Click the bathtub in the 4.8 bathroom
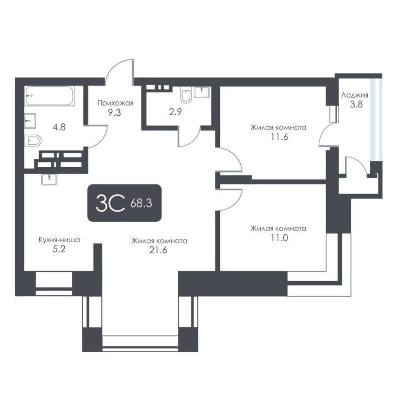(x=50, y=96)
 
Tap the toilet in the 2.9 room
(x=186, y=94)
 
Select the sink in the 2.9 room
(x=202, y=92)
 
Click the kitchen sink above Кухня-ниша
(x=49, y=180)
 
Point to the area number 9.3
(x=114, y=113)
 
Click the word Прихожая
(x=115, y=103)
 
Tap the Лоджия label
(x=355, y=96)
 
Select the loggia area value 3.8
(x=356, y=104)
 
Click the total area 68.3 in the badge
(x=141, y=203)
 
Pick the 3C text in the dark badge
(x=110, y=203)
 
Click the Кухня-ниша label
(x=59, y=240)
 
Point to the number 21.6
(x=158, y=250)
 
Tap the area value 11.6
(x=279, y=137)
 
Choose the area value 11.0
(x=279, y=238)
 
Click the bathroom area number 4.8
(x=59, y=128)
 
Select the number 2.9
(x=175, y=112)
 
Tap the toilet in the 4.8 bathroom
(x=33, y=141)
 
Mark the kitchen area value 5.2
(x=59, y=249)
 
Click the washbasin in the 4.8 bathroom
(x=30, y=121)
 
